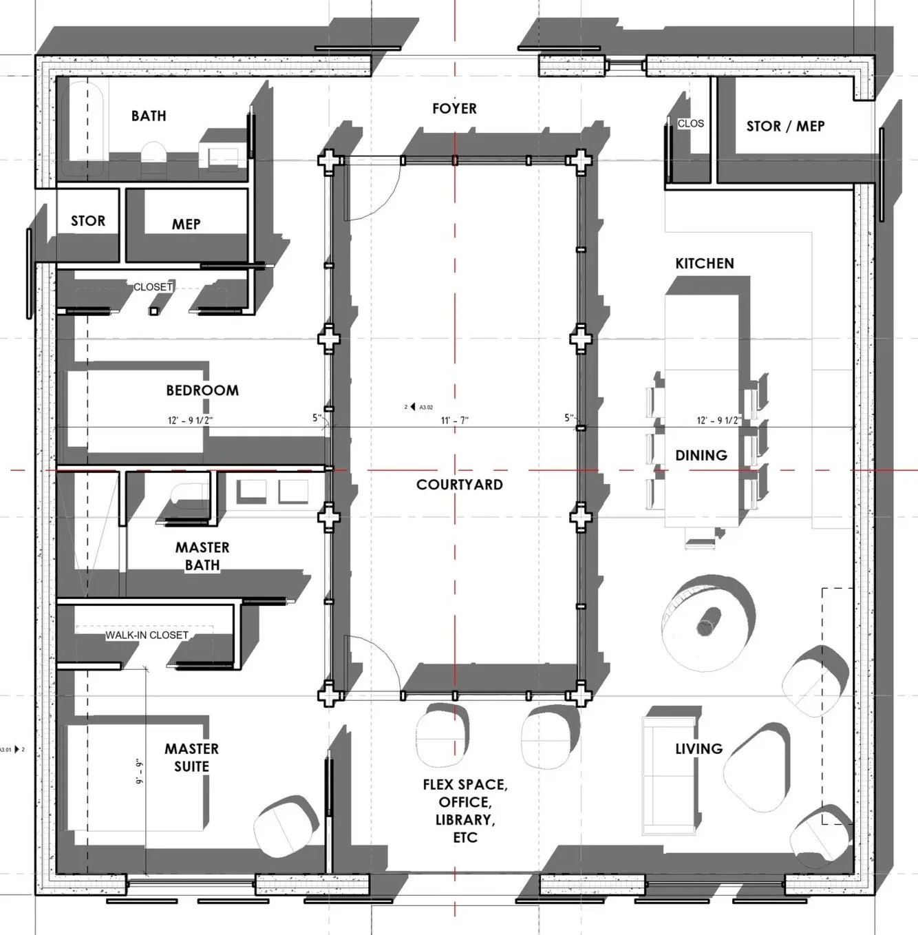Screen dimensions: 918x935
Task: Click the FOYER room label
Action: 454,109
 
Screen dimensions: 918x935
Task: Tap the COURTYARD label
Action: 459,485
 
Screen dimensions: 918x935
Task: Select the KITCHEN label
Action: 704,264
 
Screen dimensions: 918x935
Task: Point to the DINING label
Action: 701,455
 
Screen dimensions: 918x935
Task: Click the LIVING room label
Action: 698,748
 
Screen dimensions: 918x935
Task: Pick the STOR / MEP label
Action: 785,127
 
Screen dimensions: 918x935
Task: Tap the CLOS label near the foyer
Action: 690,124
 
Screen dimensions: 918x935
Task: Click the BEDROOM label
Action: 202,390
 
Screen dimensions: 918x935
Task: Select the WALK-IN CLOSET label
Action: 147,635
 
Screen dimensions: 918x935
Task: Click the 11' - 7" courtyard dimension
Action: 454,420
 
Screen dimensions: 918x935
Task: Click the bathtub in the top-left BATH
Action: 83,127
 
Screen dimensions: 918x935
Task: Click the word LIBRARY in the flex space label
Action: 465,820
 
